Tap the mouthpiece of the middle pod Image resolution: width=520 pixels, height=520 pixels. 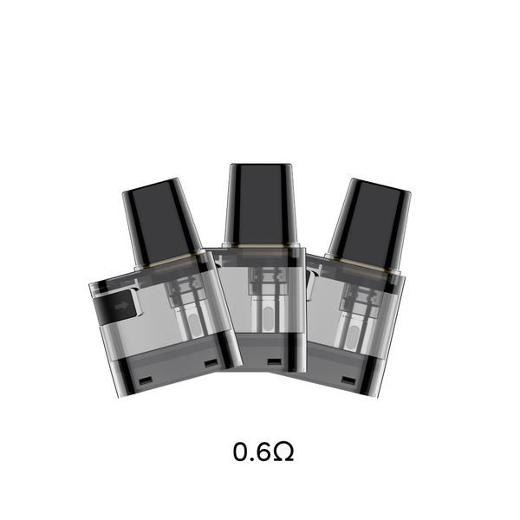[x=259, y=205]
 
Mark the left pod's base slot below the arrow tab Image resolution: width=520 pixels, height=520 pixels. [x=146, y=379]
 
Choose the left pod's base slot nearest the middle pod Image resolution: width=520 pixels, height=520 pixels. [x=211, y=361]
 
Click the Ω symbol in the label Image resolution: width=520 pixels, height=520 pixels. [x=283, y=452]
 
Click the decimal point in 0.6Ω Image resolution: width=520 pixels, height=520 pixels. [x=251, y=458]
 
